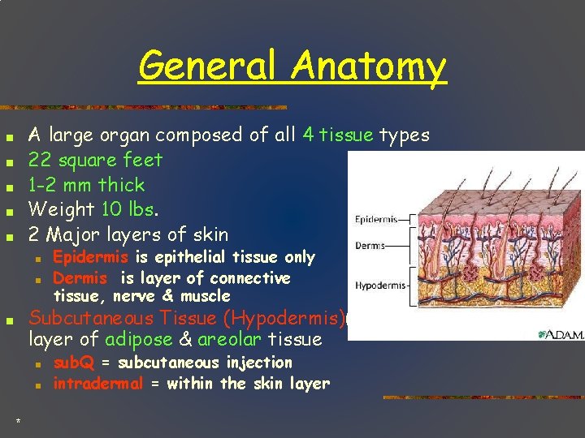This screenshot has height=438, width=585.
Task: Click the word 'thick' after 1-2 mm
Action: point(121,185)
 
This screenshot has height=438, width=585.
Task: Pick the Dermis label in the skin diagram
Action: point(370,245)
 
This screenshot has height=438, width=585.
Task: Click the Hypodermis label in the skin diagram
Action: point(379,285)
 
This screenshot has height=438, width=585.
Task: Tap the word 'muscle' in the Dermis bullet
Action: point(206,296)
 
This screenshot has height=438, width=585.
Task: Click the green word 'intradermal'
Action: point(98,384)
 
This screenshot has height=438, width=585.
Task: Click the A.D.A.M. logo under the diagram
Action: point(560,335)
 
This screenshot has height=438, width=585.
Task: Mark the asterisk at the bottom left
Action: point(18,420)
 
